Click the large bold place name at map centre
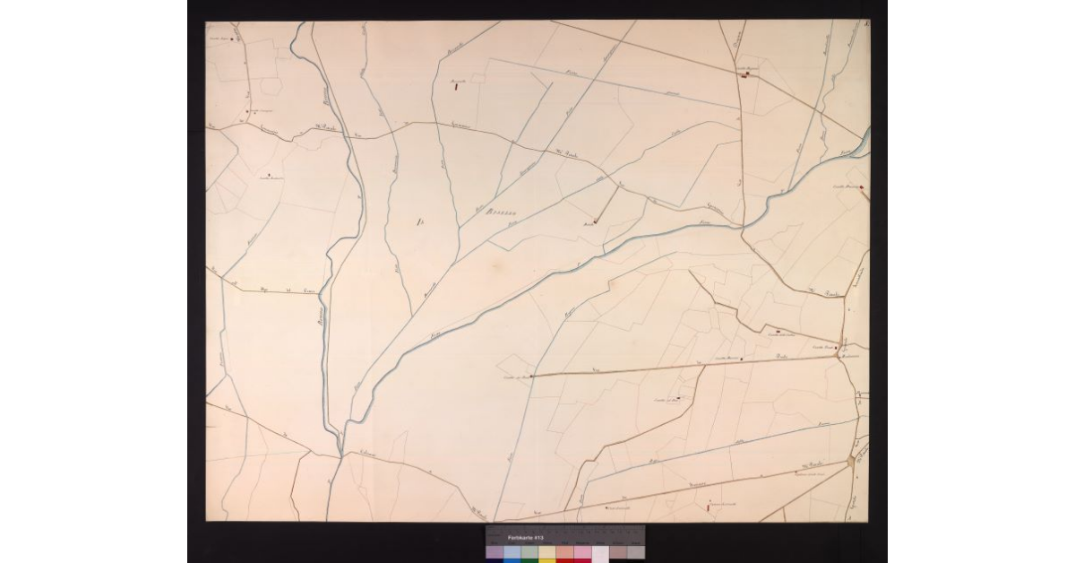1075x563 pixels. click(x=499, y=212)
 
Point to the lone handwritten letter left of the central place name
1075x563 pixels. click(x=419, y=221)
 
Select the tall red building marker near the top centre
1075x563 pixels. click(x=456, y=87)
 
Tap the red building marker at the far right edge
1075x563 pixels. click(x=862, y=188)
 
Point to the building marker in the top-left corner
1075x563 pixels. click(x=234, y=39)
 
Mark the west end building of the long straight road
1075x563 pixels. click(x=532, y=376)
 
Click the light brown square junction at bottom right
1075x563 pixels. click(x=850, y=461)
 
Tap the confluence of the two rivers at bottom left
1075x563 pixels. click(x=340, y=439)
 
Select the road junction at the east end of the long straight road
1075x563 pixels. click(x=838, y=357)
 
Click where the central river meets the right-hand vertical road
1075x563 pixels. click(x=743, y=225)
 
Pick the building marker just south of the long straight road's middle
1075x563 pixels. click(x=678, y=398)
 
